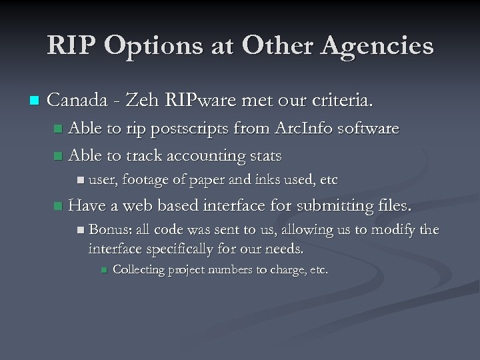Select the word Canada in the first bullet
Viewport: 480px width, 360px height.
[x=76, y=101]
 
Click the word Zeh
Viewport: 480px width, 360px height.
[x=141, y=101]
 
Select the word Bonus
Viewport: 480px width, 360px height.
[x=109, y=230]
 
